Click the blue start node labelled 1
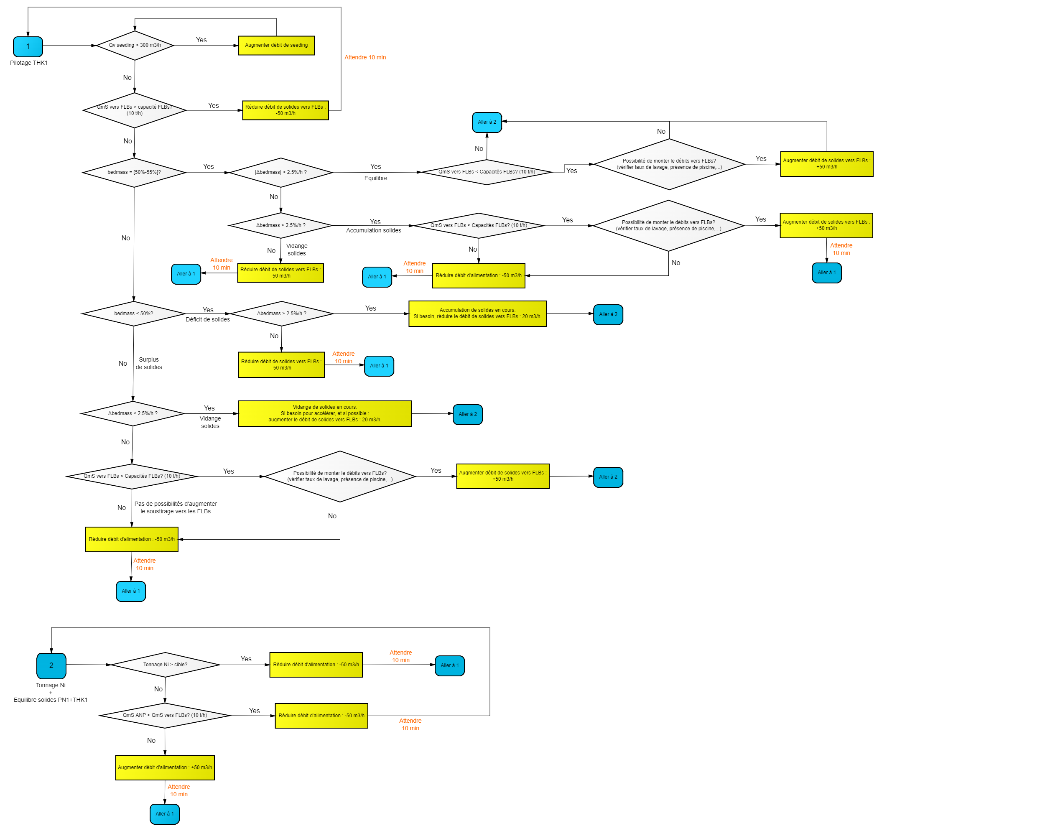pyautogui.click(x=28, y=46)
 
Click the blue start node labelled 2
pyautogui.click(x=51, y=665)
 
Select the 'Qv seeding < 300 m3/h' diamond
pyautogui.click(x=135, y=46)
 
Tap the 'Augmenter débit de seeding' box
pyautogui.click(x=276, y=46)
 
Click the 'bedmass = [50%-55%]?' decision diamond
pyautogui.click(x=134, y=173)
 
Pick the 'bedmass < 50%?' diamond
pyautogui.click(x=134, y=313)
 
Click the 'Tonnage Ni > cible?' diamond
pyautogui.click(x=165, y=665)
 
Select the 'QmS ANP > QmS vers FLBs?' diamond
pyautogui.click(x=165, y=715)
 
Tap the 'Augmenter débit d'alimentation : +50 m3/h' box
pyautogui.click(x=165, y=767)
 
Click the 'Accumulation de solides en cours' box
pyautogui.click(x=477, y=313)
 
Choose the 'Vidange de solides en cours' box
pyautogui.click(x=325, y=413)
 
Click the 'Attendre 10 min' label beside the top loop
pyautogui.click(x=365, y=58)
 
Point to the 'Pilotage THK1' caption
pyautogui.click(x=28, y=63)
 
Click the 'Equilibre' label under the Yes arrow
pyautogui.click(x=376, y=178)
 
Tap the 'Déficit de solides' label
pyautogui.click(x=207, y=320)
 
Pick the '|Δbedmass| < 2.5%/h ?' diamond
pyautogui.click(x=280, y=173)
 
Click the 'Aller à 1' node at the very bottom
pyautogui.click(x=165, y=814)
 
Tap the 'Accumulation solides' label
pyautogui.click(x=373, y=231)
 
